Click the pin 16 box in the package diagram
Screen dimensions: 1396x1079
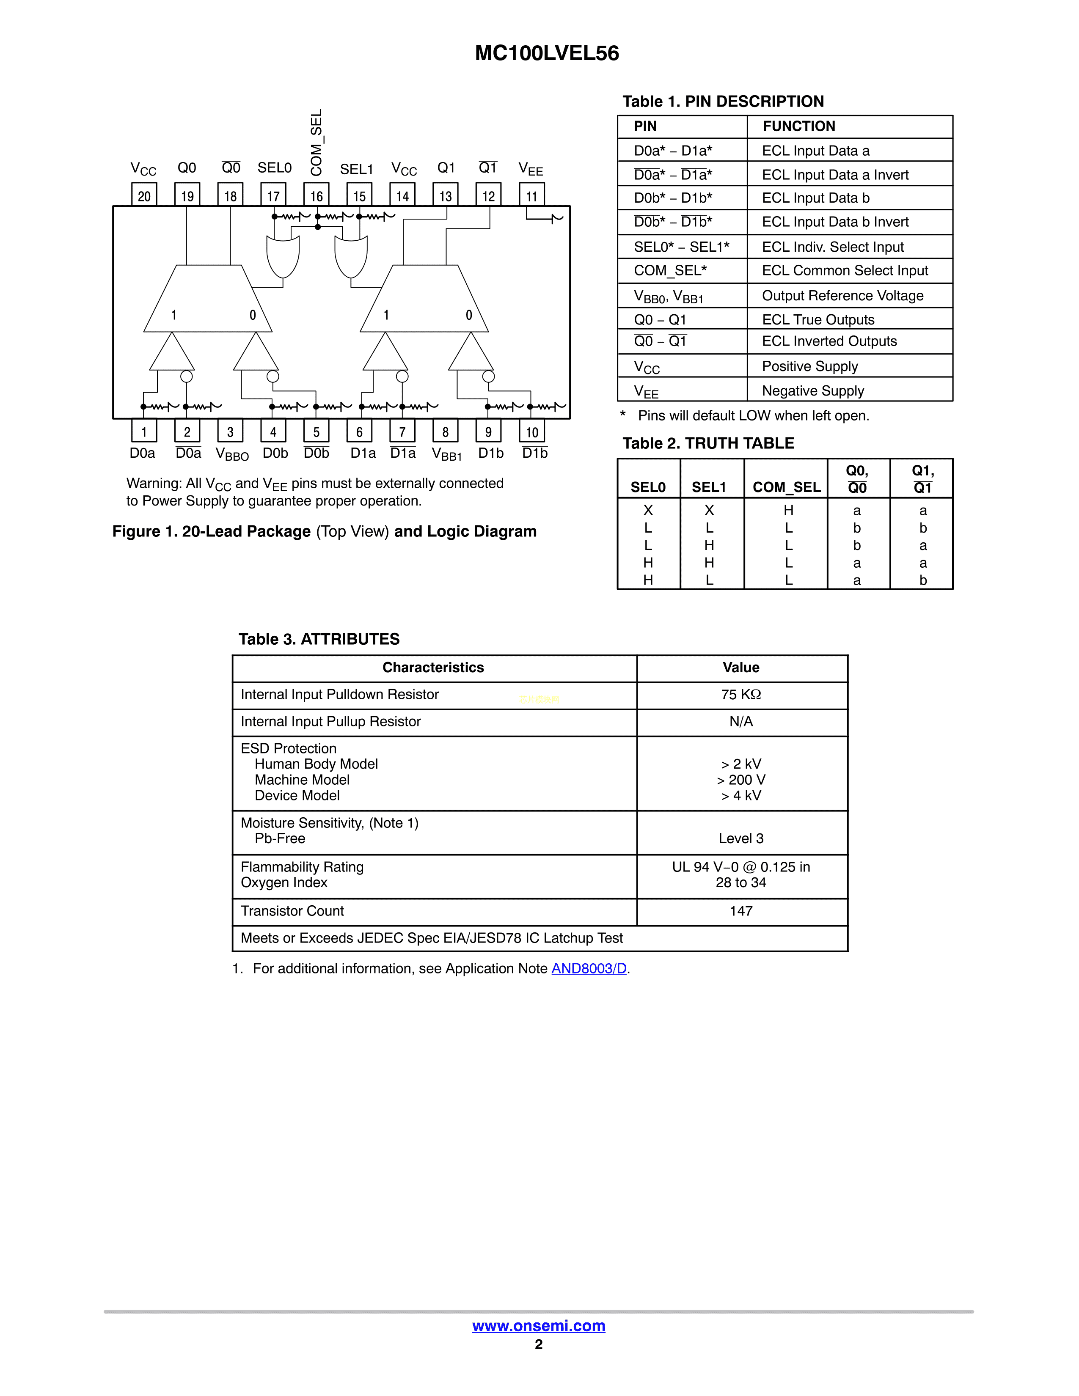[317, 195]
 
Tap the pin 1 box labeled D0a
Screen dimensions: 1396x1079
[144, 431]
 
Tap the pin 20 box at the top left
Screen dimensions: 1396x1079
[144, 195]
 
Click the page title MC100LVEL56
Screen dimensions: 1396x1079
[547, 53]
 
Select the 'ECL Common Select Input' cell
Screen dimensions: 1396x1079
[845, 270]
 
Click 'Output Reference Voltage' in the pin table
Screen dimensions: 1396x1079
[842, 295]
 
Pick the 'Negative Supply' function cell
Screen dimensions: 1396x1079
[812, 390]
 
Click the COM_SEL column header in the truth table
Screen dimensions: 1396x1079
[786, 487]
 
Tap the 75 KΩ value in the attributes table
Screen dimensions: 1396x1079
[741, 695]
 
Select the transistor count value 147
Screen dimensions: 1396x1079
[741, 911]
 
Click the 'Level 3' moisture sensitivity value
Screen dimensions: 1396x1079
[741, 838]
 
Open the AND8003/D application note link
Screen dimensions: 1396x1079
[589, 968]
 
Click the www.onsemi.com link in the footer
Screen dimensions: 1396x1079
[538, 1326]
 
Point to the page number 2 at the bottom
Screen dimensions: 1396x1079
[538, 1344]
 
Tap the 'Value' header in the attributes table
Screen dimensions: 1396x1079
[741, 667]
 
